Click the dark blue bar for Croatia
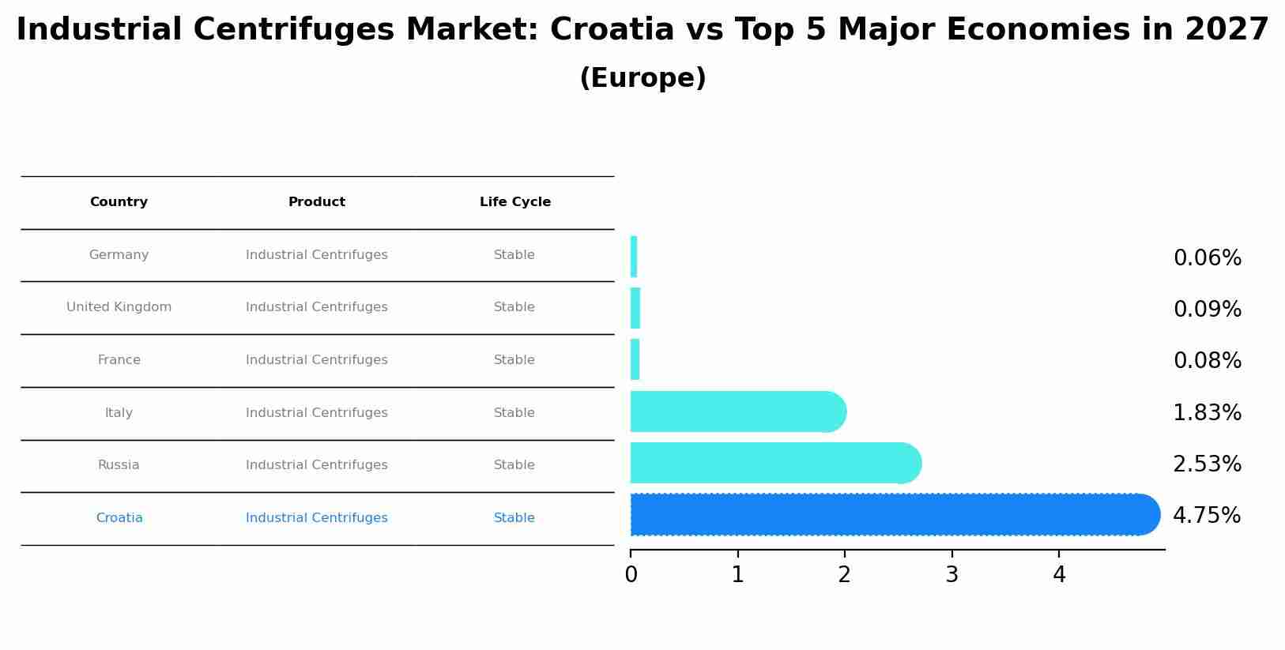pyautogui.click(x=893, y=515)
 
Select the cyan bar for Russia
pyautogui.click(x=774, y=464)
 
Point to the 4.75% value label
pyautogui.click(x=1207, y=516)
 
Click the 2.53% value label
pyautogui.click(x=1207, y=464)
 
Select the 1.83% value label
pyautogui.click(x=1207, y=413)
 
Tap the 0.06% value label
pyautogui.click(x=1207, y=258)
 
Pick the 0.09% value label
pyautogui.click(x=1207, y=310)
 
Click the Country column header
pyautogui.click(x=119, y=202)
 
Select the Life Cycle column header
pyautogui.click(x=514, y=202)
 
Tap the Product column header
pyautogui.click(x=316, y=202)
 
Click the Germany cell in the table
pyautogui.click(x=119, y=255)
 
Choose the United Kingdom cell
pyautogui.click(x=119, y=307)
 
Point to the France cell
pyautogui.click(x=119, y=360)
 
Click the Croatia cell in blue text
pyautogui.click(x=119, y=518)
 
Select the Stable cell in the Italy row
pyautogui.click(x=514, y=413)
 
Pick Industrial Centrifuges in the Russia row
pyautogui.click(x=316, y=465)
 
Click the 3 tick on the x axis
pyautogui.click(x=952, y=575)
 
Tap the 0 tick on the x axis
pyautogui.click(x=631, y=575)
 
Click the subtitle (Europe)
pyautogui.click(x=642, y=78)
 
